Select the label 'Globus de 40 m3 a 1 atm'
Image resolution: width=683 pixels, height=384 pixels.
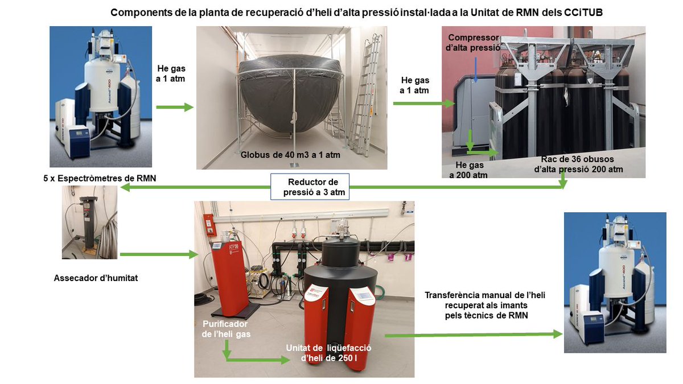(x=290, y=154)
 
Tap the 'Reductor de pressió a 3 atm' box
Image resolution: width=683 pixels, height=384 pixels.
(x=310, y=187)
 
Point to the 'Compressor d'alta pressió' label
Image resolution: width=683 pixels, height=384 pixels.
(x=472, y=42)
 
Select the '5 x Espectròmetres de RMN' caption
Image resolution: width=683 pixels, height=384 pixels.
(x=100, y=178)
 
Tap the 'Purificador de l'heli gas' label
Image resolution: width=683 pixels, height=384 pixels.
(x=226, y=329)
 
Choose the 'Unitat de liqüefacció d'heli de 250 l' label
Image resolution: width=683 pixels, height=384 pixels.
(x=324, y=353)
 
